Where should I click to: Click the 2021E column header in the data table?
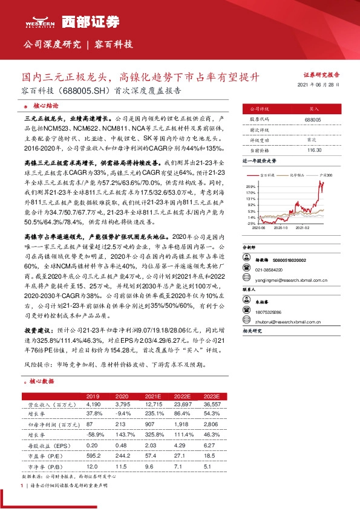click(x=152, y=395)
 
